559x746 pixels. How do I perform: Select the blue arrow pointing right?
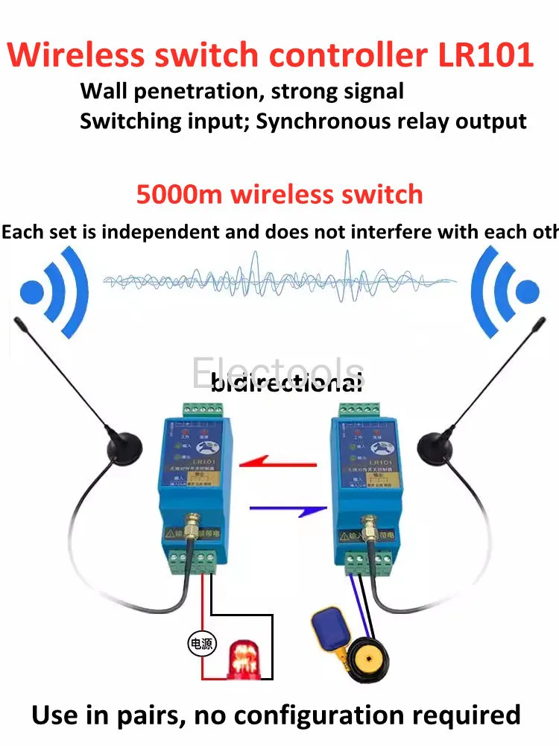pos(288,510)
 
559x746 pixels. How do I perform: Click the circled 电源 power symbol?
pos(201,644)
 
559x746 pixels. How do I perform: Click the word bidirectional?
pos(287,384)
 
